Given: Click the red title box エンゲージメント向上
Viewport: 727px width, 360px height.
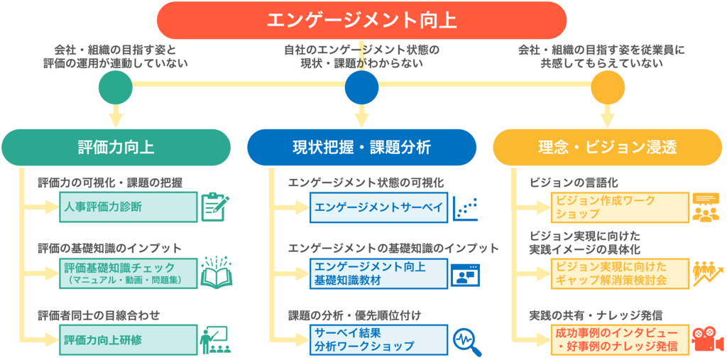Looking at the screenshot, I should pos(361,20).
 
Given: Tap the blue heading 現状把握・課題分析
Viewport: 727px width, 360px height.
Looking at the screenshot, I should pos(361,148).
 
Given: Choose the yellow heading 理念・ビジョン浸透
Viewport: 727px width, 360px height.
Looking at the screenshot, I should pos(607,148).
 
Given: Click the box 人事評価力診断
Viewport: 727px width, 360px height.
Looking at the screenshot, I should pos(128,207).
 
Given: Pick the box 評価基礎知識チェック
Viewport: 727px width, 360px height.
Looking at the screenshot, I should pos(128,273).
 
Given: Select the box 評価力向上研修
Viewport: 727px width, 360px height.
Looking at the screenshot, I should pos(128,339).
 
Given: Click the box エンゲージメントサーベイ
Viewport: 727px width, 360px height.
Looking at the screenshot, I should pos(378,207).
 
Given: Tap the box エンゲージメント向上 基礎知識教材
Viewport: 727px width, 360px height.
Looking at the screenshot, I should pos(378,273).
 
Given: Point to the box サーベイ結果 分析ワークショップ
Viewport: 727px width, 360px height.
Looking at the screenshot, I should pos(378,339).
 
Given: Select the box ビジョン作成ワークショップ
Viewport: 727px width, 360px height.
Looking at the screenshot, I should pos(620,207).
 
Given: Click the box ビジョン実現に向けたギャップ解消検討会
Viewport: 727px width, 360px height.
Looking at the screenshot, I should pos(620,273).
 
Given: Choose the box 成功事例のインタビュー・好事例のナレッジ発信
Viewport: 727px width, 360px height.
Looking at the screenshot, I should pos(620,339).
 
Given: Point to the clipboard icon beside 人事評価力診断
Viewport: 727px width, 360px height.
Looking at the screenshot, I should pos(212,207).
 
